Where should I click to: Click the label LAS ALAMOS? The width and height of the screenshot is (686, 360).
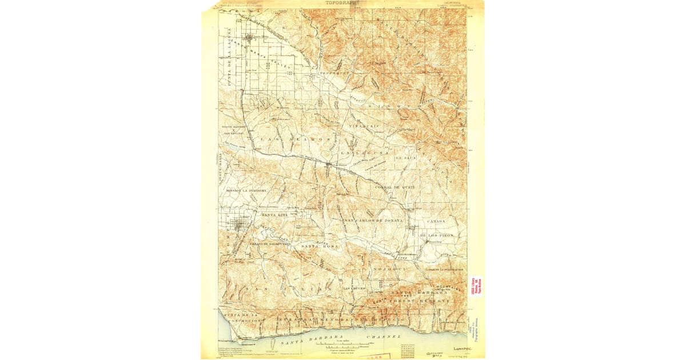(x=294, y=139)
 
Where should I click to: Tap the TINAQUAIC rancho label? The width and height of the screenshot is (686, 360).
(x=364, y=125)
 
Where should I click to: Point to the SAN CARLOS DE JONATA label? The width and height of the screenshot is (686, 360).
(x=373, y=220)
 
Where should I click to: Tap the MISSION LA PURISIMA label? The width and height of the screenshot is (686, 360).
(x=242, y=190)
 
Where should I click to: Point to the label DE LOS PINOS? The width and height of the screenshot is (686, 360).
(x=436, y=235)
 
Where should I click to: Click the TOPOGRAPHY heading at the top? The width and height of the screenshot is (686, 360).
(x=343, y=3)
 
